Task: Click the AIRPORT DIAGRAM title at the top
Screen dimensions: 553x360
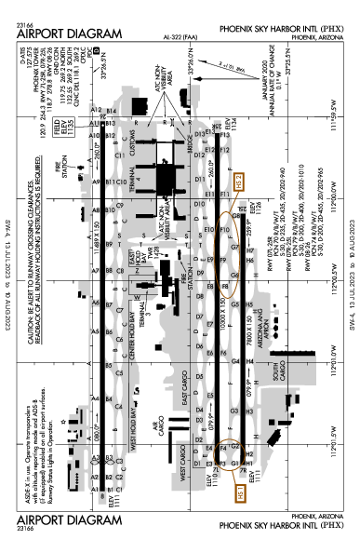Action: tap(70, 34)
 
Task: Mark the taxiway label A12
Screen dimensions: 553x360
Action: tap(96, 111)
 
